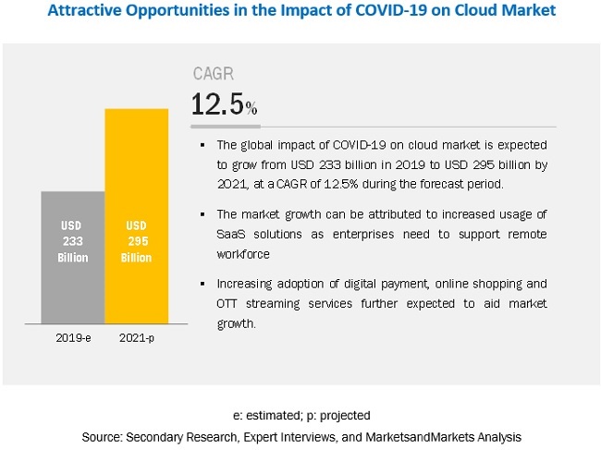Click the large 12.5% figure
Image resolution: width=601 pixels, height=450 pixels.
click(x=224, y=104)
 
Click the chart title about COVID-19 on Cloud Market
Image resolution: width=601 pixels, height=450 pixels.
click(x=300, y=13)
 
